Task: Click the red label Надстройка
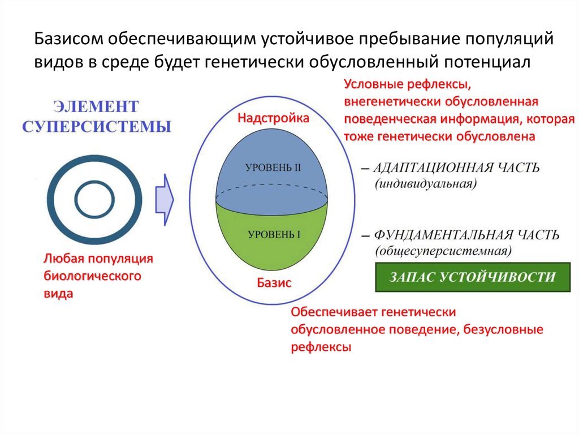tap(273, 119)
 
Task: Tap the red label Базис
tap(274, 283)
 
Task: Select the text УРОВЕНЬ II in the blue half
tap(273, 168)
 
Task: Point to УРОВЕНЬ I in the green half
tap(273, 234)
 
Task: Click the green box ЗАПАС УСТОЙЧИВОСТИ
tap(473, 277)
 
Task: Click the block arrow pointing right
tap(165, 199)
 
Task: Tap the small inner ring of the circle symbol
tap(95, 199)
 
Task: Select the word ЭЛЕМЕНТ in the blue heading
tap(96, 106)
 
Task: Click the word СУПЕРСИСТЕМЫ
tap(97, 126)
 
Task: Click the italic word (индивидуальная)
tap(426, 184)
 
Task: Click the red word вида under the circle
tap(58, 294)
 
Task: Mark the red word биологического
tap(92, 277)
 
